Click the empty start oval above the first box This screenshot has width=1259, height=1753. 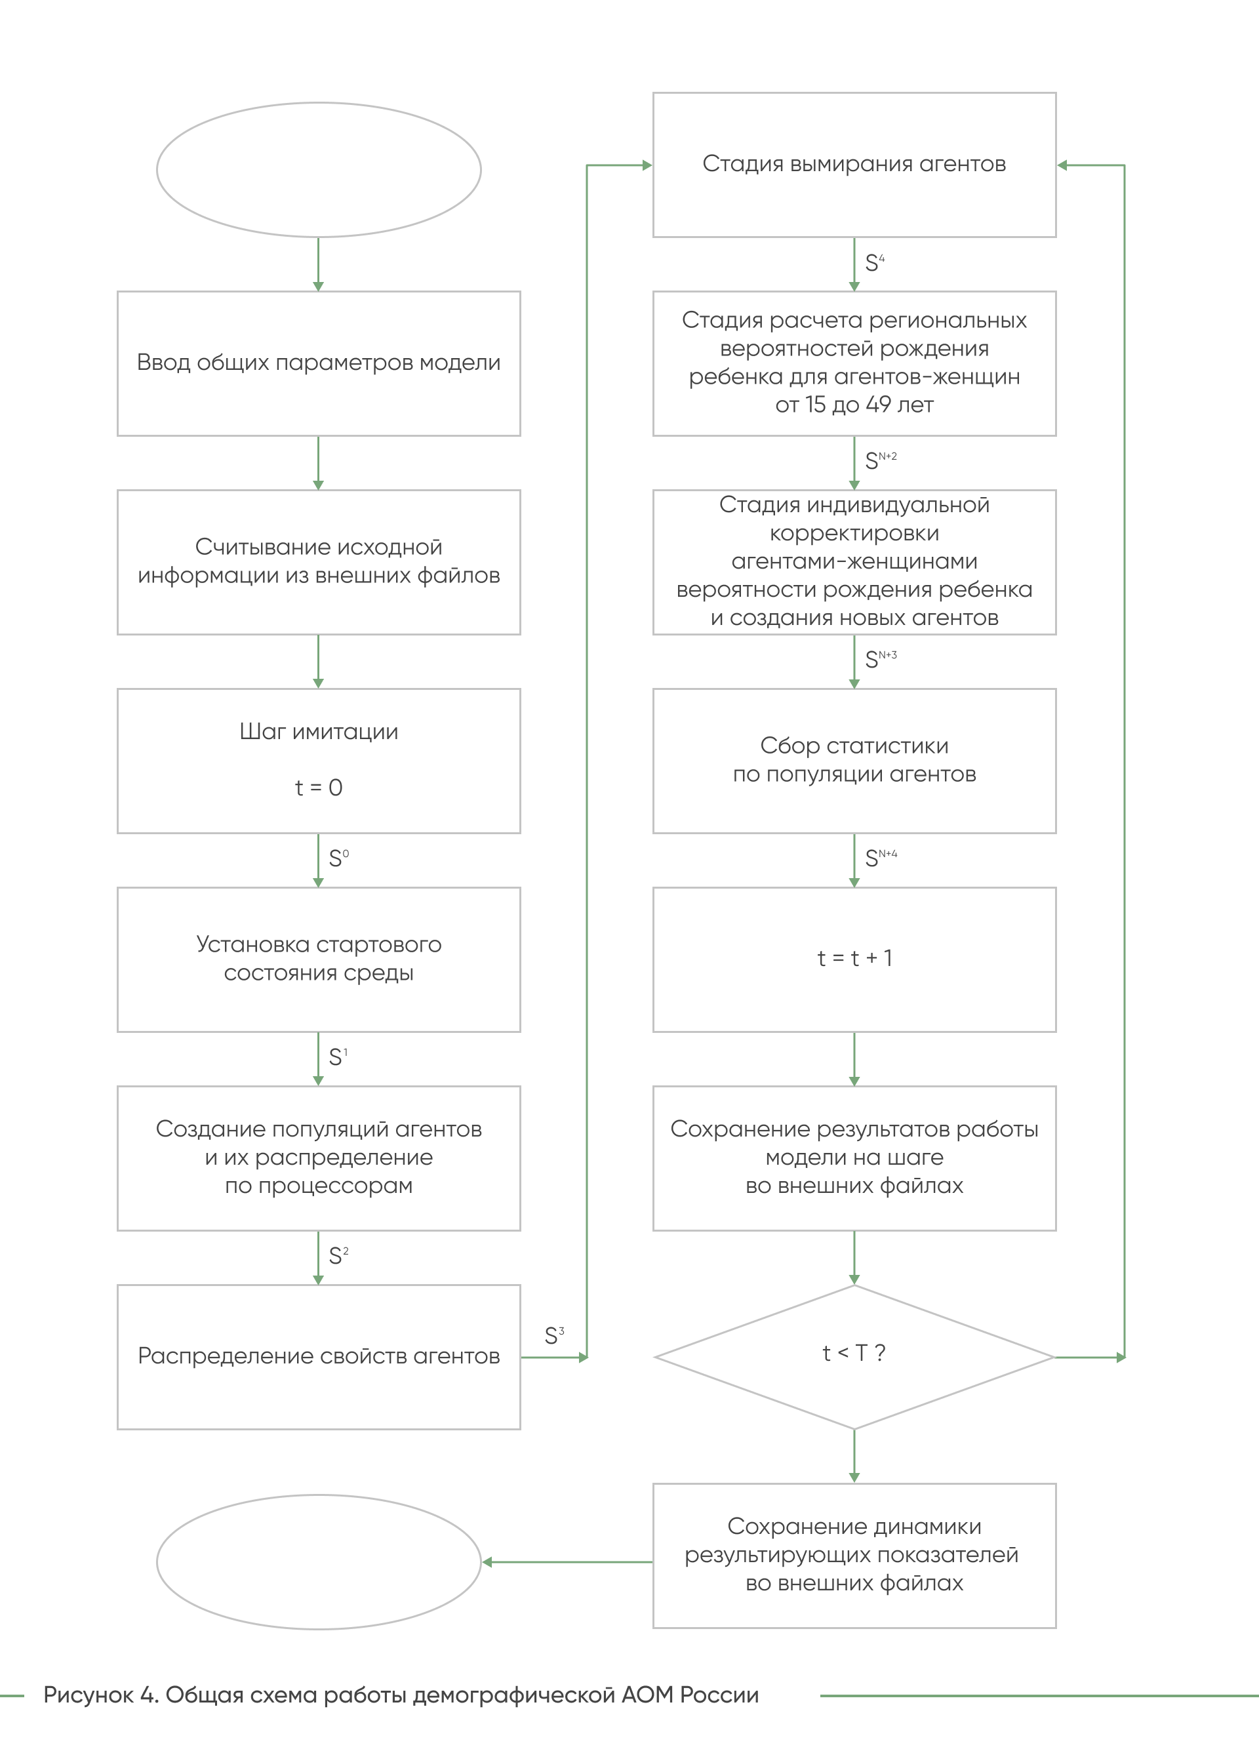coord(319,103)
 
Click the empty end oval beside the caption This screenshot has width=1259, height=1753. coord(319,1496)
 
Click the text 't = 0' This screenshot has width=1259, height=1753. coord(319,788)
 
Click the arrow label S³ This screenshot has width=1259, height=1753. coord(555,1335)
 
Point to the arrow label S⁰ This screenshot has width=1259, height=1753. coord(338,857)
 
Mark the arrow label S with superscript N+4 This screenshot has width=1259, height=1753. coord(881,857)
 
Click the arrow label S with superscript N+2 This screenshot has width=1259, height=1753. coord(881,460)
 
